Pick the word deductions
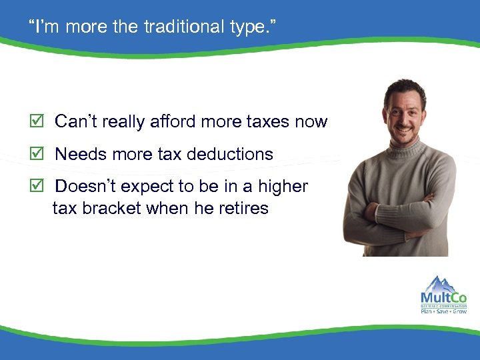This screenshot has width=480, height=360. (231, 154)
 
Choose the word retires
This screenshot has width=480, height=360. (243, 208)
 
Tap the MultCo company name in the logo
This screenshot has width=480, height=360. (443, 297)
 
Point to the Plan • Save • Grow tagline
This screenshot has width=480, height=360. (443, 311)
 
